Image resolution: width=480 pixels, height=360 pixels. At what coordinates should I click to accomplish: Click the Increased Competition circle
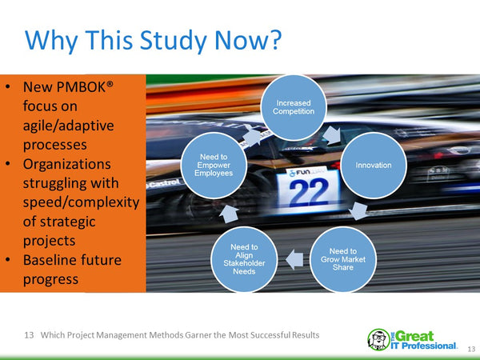coord(295,106)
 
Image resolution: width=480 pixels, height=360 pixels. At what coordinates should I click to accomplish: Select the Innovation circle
coord(373,166)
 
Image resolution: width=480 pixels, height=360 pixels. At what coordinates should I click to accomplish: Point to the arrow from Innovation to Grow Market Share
coord(361,212)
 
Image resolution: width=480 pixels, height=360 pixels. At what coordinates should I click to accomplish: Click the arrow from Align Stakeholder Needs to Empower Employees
coord(226,211)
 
